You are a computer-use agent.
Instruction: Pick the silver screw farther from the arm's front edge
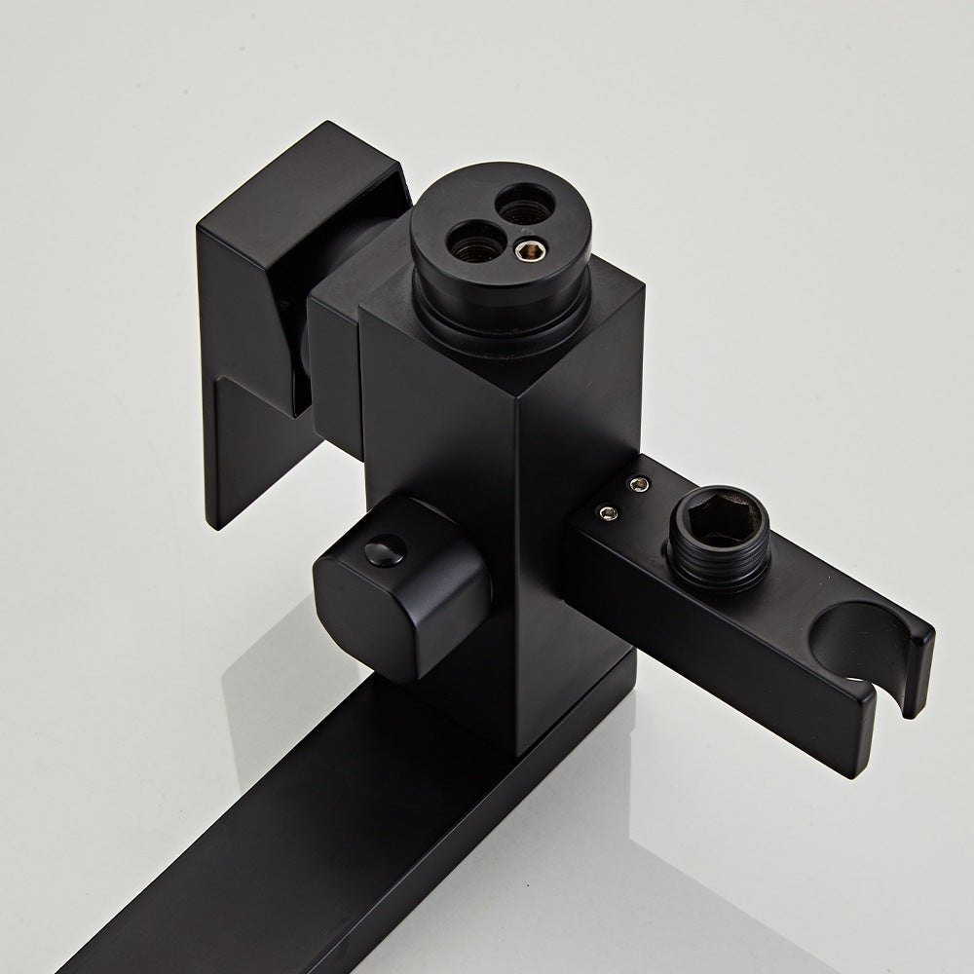639,482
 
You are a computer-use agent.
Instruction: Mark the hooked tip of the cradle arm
916,672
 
